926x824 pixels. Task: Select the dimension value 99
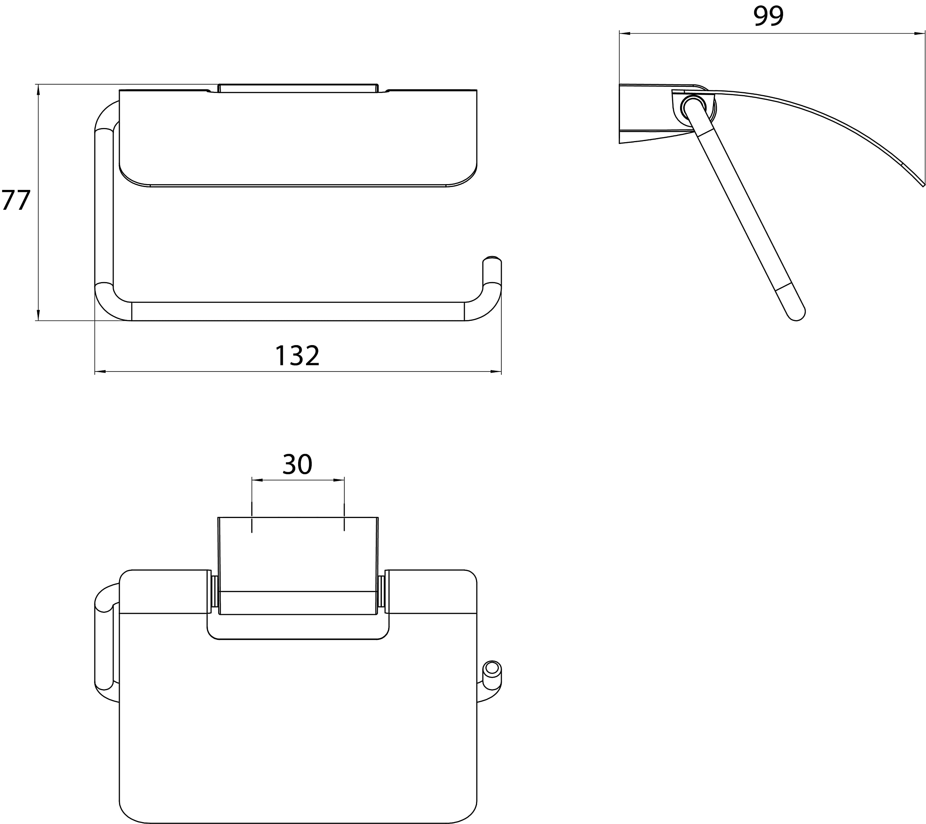click(768, 16)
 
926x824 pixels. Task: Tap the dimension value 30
click(297, 464)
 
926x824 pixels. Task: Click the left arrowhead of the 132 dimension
click(100, 371)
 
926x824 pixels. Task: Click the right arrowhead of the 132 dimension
click(496, 371)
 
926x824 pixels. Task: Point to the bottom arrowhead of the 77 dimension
click(38, 315)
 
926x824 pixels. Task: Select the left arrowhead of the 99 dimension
click(625, 33)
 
